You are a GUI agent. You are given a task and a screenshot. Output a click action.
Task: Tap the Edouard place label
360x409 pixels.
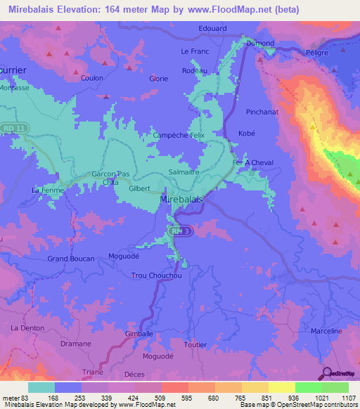(212, 28)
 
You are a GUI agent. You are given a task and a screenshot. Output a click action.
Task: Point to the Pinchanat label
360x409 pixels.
(262, 112)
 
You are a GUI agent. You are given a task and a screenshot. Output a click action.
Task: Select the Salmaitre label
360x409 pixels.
(184, 171)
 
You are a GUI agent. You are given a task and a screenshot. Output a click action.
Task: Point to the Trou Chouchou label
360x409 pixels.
(157, 275)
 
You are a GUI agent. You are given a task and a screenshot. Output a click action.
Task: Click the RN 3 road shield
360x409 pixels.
(181, 231)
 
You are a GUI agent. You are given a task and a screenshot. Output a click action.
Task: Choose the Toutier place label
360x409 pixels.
(195, 344)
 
